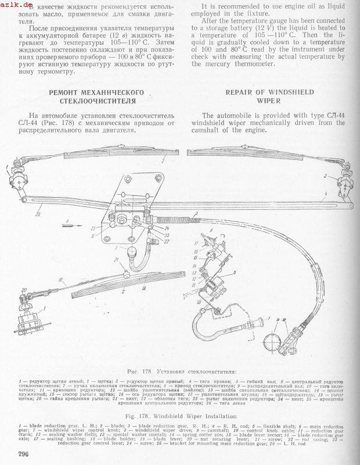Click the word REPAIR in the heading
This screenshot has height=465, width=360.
point(240,92)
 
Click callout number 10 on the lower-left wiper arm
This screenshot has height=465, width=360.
point(59,280)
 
